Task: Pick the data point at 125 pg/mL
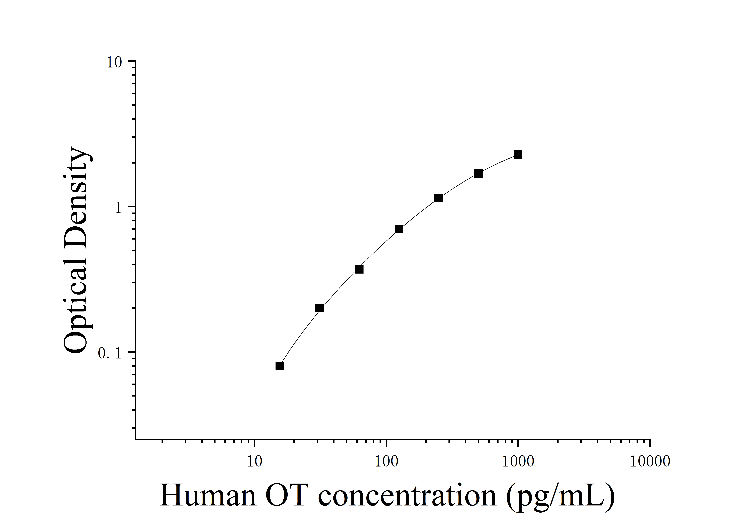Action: pos(399,229)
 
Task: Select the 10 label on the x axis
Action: pos(254,462)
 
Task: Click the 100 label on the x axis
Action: pos(386,462)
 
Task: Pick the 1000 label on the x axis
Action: pos(518,462)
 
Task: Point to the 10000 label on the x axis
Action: pos(650,462)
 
